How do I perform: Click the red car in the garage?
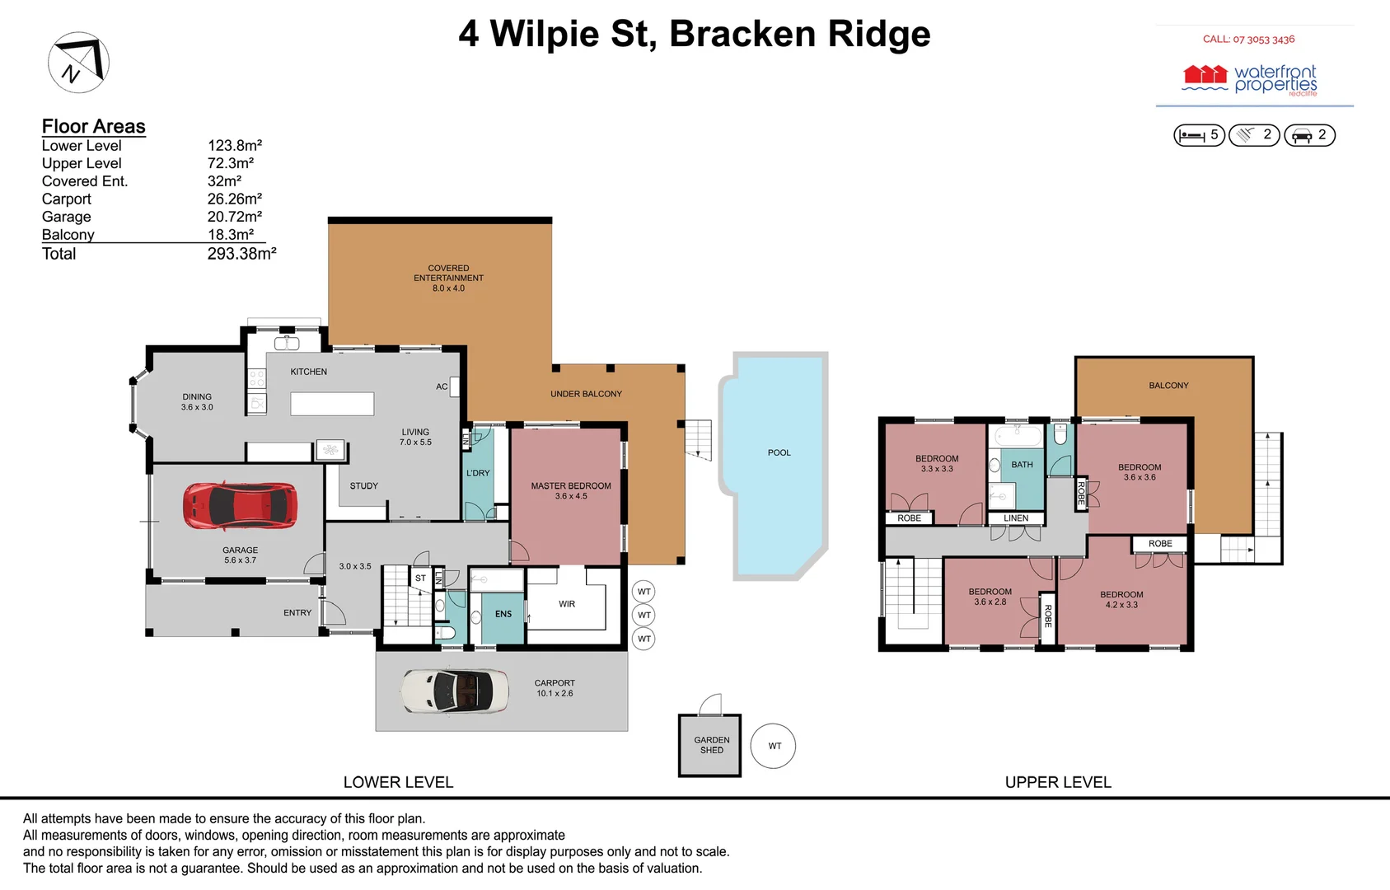pyautogui.click(x=240, y=505)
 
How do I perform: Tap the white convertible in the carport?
pyautogui.click(x=454, y=691)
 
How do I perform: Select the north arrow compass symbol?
pyautogui.click(x=79, y=63)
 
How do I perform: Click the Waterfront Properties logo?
pyautogui.click(x=1250, y=80)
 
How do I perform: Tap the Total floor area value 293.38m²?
pyautogui.click(x=241, y=254)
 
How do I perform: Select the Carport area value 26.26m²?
pyautogui.click(x=234, y=199)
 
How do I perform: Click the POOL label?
pyautogui.click(x=779, y=452)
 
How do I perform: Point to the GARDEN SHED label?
pyautogui.click(x=711, y=745)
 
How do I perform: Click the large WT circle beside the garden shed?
pyautogui.click(x=773, y=746)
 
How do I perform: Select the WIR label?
pyautogui.click(x=567, y=604)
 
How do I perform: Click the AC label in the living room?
pyautogui.click(x=442, y=386)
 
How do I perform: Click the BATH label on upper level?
pyautogui.click(x=1022, y=465)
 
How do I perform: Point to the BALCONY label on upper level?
pyautogui.click(x=1168, y=386)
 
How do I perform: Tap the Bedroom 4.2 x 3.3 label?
pyautogui.click(x=1121, y=599)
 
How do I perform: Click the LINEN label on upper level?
pyautogui.click(x=1015, y=518)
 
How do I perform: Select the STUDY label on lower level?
pyautogui.click(x=363, y=486)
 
